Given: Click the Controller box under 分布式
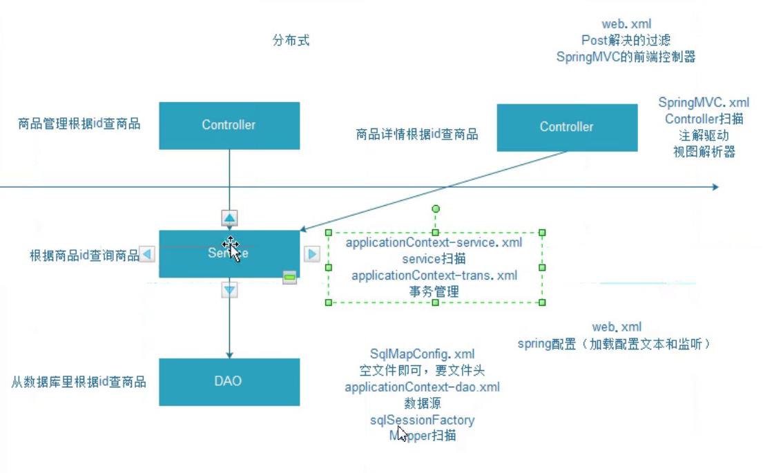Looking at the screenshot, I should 229,126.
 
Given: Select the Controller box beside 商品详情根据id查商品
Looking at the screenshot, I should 566,127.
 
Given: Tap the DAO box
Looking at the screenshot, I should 229,381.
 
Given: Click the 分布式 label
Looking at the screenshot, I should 291,41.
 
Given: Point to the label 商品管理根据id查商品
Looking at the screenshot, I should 79,124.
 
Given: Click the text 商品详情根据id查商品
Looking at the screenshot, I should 417,135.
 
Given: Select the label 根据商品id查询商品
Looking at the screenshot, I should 84,255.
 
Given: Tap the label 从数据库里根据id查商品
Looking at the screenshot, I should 79,382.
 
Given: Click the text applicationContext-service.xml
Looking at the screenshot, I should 434,243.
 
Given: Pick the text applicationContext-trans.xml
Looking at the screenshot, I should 434,276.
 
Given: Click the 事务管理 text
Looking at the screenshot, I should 434,291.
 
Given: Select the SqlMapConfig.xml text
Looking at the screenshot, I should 423,354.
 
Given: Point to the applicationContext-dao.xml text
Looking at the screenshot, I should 423,387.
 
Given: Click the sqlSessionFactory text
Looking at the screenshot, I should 423,420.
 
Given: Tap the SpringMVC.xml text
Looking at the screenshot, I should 704,103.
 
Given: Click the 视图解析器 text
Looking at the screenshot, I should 704,153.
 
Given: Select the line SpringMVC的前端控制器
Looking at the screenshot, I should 626,57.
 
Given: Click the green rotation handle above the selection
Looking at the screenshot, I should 436,209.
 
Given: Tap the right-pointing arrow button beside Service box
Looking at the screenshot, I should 312,254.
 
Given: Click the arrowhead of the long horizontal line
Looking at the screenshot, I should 715,187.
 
